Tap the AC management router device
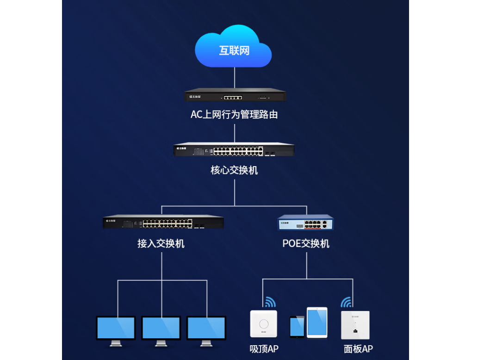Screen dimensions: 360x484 click(x=235, y=96)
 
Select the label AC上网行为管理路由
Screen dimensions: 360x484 click(x=234, y=115)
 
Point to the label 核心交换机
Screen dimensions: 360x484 click(x=234, y=170)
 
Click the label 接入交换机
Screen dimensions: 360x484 click(x=161, y=243)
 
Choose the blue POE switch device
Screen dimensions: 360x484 click(x=306, y=223)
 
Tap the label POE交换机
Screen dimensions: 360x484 click(x=306, y=243)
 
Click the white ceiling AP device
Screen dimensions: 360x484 click(x=263, y=323)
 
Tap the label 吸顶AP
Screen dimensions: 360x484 click(x=264, y=348)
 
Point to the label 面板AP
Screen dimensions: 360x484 click(x=358, y=348)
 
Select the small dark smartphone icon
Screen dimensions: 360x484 click(x=297, y=326)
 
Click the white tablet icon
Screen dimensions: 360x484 click(x=316, y=322)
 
